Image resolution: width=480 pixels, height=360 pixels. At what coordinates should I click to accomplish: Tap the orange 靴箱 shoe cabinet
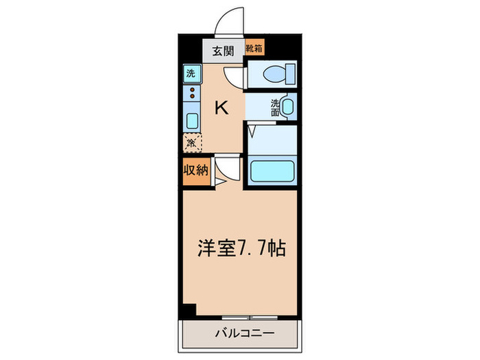point(255,49)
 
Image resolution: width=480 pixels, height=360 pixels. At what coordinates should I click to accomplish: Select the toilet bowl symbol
point(277,73)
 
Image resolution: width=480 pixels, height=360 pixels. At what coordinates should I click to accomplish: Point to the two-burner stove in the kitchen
point(191,94)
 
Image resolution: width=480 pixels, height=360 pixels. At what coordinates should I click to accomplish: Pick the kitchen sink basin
point(191,121)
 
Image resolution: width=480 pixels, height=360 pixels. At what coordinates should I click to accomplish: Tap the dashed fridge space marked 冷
point(191,143)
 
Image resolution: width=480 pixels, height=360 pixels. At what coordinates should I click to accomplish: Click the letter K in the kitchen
point(222,108)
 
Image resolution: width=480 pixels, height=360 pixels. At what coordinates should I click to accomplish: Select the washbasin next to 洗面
point(287,106)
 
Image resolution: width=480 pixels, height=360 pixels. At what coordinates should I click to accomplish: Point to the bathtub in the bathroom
point(272,171)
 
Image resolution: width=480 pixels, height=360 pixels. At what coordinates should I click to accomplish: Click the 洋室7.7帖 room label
point(241,248)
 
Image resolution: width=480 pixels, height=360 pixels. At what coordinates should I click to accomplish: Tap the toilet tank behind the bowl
point(291,72)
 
